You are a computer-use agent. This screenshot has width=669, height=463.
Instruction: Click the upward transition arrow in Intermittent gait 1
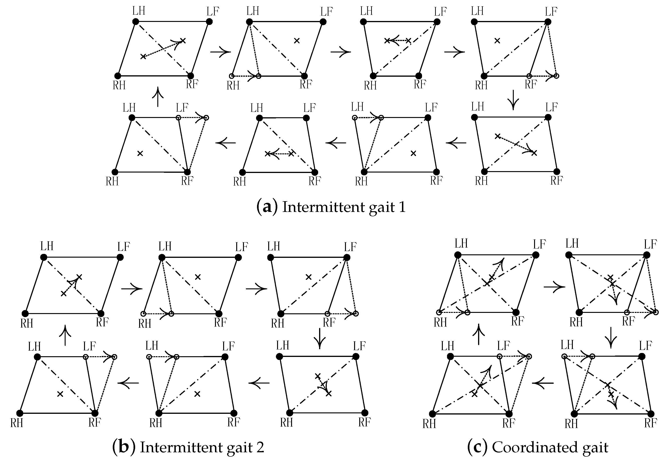click(x=158, y=97)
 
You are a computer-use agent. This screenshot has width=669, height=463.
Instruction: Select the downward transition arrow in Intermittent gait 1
click(x=513, y=100)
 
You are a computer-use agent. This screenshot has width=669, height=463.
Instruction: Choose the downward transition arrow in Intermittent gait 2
click(x=320, y=338)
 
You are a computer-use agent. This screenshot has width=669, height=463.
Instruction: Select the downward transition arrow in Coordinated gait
click(x=611, y=338)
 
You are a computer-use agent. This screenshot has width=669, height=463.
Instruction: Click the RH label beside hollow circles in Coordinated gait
click(x=440, y=322)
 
